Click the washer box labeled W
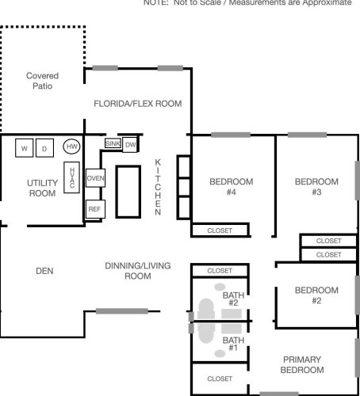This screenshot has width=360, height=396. point(24,148)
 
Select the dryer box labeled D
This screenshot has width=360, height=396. point(44,148)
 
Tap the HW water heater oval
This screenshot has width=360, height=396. point(71,147)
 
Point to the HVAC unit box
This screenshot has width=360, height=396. point(71,177)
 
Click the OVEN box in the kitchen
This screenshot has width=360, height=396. point(95,178)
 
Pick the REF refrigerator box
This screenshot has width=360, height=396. point(95,209)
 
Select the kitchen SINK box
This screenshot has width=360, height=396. point(113,143)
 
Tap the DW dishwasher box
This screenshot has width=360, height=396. point(130,145)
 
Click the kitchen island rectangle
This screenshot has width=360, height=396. point(128,192)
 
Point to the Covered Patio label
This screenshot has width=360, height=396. point(42,81)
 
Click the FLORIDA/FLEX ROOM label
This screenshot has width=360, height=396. point(138,104)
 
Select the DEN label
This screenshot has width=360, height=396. point(44,271)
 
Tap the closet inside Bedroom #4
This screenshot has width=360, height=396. point(220,230)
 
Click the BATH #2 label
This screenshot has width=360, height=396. point(233,299)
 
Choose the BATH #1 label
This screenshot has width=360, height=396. point(233,344)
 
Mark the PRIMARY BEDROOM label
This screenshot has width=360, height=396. point(302,364)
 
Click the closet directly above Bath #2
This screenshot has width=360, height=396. point(220,271)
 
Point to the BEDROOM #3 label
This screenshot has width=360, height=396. point(316,187)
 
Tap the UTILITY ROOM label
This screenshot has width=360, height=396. point(42,188)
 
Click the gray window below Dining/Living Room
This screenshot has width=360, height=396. point(122,311)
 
